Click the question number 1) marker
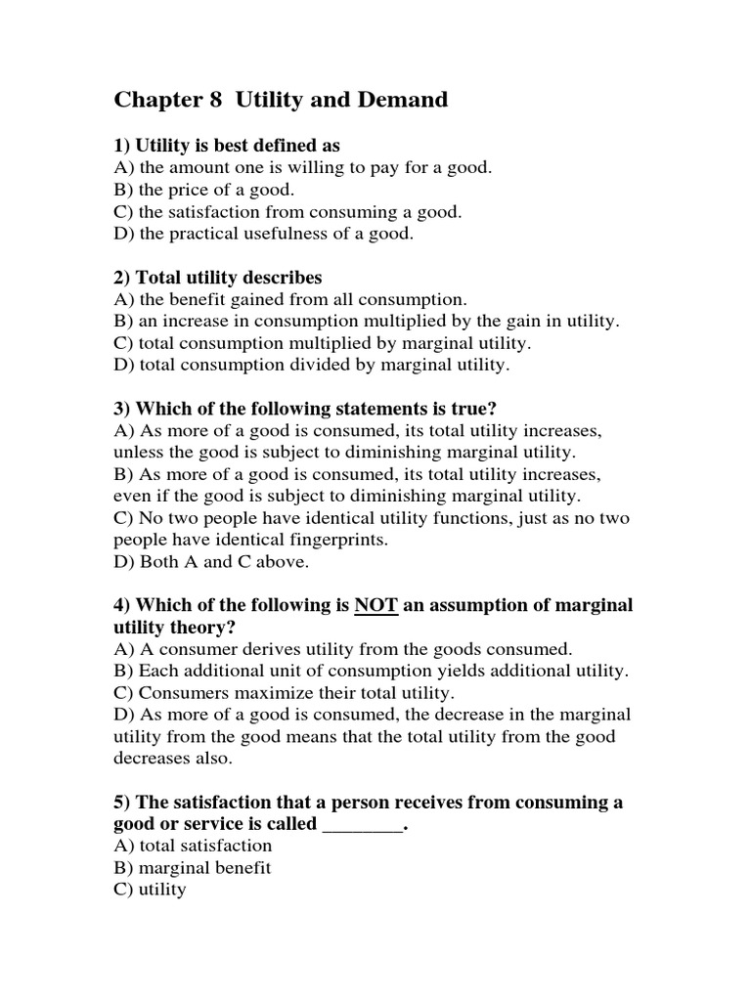(x=122, y=146)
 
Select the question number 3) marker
(x=122, y=410)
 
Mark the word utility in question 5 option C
(x=162, y=891)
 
